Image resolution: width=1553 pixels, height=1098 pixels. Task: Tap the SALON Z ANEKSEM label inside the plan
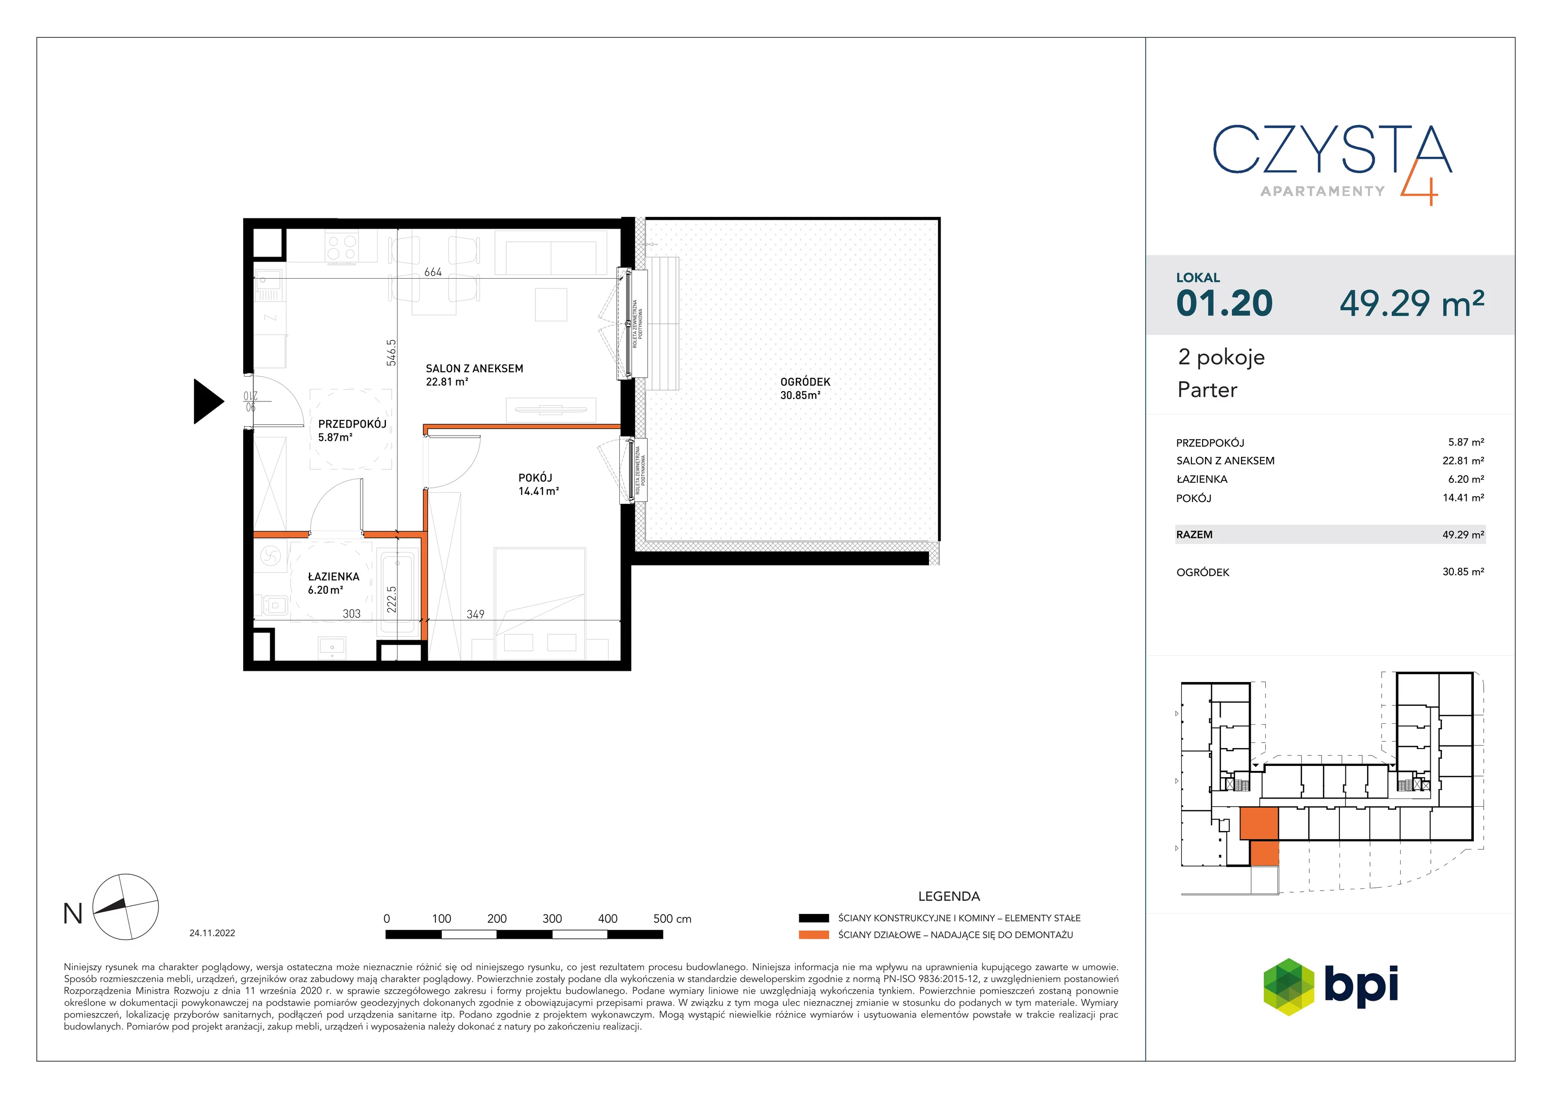(474, 369)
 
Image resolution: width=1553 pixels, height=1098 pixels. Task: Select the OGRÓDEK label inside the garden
(805, 382)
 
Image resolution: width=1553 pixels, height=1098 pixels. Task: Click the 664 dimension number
(433, 272)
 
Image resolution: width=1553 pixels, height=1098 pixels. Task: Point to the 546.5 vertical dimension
(391, 352)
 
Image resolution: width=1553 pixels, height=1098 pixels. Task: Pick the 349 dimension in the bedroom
(476, 614)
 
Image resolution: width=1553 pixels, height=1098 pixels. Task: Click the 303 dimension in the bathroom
(352, 614)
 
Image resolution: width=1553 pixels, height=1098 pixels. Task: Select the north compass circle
(125, 907)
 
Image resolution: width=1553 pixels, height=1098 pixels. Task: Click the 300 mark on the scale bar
(552, 919)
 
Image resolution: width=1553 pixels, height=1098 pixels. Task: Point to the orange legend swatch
(814, 935)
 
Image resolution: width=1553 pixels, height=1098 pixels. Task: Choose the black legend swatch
(814, 918)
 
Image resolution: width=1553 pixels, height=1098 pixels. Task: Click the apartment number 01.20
(1224, 303)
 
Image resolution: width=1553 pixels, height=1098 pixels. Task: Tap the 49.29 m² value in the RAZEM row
(1463, 534)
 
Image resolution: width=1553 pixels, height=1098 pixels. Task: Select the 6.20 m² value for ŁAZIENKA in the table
(1466, 479)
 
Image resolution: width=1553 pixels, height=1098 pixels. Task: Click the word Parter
(1207, 390)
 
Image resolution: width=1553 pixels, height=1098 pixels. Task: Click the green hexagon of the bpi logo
(1289, 987)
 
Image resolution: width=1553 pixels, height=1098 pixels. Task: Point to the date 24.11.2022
(213, 933)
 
